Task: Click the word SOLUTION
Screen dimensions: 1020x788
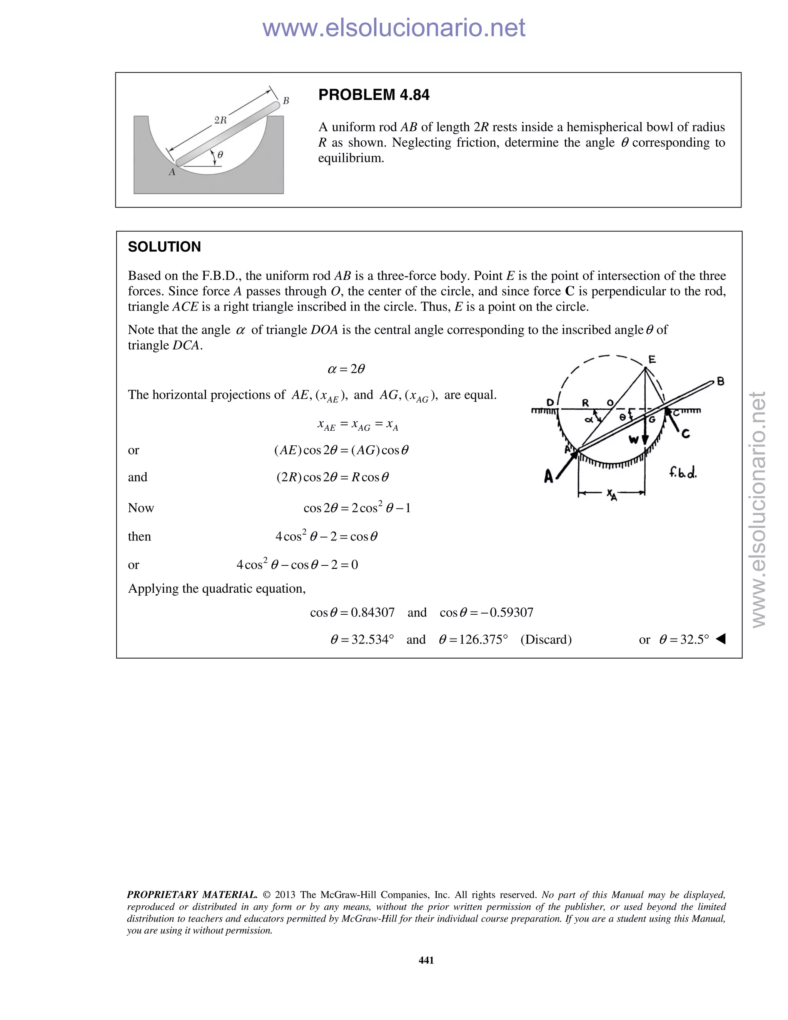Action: [x=164, y=247]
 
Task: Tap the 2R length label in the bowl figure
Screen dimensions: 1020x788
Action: [x=220, y=120]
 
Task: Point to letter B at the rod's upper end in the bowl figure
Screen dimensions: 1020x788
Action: [x=286, y=101]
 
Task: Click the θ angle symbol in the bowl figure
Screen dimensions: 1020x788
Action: [x=220, y=154]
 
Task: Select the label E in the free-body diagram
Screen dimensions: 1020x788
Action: [x=652, y=359]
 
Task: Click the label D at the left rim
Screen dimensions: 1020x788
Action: [x=550, y=402]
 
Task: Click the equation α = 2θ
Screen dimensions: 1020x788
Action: [x=346, y=369]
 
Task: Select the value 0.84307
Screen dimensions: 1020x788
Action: [x=372, y=612]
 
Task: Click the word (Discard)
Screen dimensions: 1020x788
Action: [x=546, y=639]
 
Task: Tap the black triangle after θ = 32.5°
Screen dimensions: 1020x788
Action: [x=720, y=639]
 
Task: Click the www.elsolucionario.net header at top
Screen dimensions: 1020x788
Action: [x=394, y=28]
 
